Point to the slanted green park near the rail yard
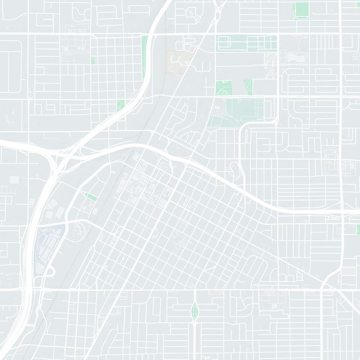tap(91, 197)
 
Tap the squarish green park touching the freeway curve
tap(120, 106)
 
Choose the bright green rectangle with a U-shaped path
tap(301, 10)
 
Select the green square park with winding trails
tap(223, 87)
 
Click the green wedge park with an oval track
tap(248, 86)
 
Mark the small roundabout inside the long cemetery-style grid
tap(247, 44)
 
